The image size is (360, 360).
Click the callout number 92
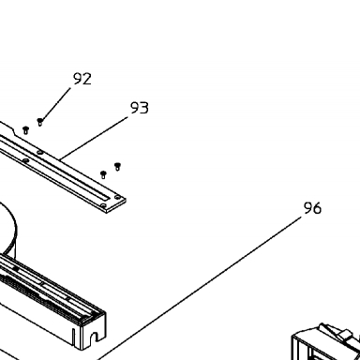(82, 79)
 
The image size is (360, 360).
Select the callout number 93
(140, 108)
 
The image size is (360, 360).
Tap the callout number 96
(312, 208)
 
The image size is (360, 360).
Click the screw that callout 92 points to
(39, 122)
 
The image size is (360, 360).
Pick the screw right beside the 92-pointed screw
(26, 130)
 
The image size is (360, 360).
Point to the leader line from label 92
(56, 104)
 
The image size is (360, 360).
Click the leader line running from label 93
(94, 138)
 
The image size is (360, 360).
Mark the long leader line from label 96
(200, 288)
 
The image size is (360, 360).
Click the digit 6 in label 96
(317, 208)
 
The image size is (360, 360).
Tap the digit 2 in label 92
(87, 79)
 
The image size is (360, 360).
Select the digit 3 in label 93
(144, 108)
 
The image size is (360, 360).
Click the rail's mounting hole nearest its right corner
(117, 197)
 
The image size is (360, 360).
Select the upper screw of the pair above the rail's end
(117, 166)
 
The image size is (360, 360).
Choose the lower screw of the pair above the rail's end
(103, 174)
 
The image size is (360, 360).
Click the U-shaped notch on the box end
(94, 337)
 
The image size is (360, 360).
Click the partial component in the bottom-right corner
(326, 341)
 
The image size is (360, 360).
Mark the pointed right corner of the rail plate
(125, 199)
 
